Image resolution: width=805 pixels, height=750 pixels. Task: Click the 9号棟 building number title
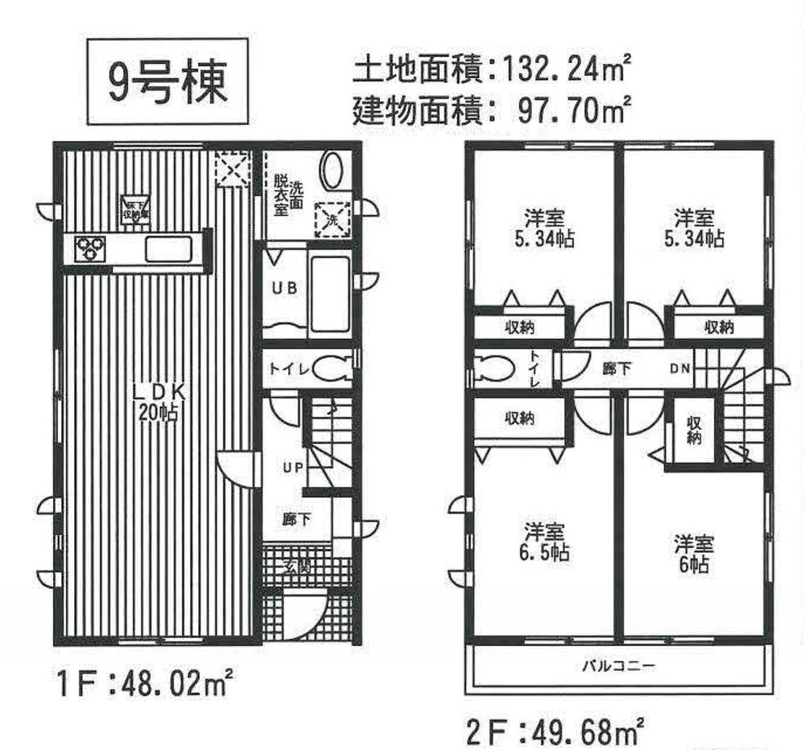[167, 83]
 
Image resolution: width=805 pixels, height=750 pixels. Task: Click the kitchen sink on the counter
[169, 249]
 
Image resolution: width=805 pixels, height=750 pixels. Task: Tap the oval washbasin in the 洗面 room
[332, 171]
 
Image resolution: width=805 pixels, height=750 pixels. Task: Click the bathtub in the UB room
[330, 293]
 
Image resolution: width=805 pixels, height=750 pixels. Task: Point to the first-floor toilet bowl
[330, 369]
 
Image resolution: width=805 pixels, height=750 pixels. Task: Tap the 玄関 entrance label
[295, 567]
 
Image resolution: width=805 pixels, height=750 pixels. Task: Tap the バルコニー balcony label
[618, 666]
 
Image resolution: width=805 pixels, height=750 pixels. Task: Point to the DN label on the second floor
[679, 369]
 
